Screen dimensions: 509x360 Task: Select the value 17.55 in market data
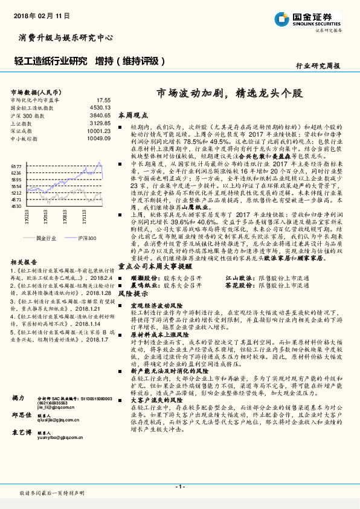coord(103,100)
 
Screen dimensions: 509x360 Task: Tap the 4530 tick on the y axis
coord(16,206)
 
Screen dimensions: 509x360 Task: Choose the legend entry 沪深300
coord(86,239)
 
